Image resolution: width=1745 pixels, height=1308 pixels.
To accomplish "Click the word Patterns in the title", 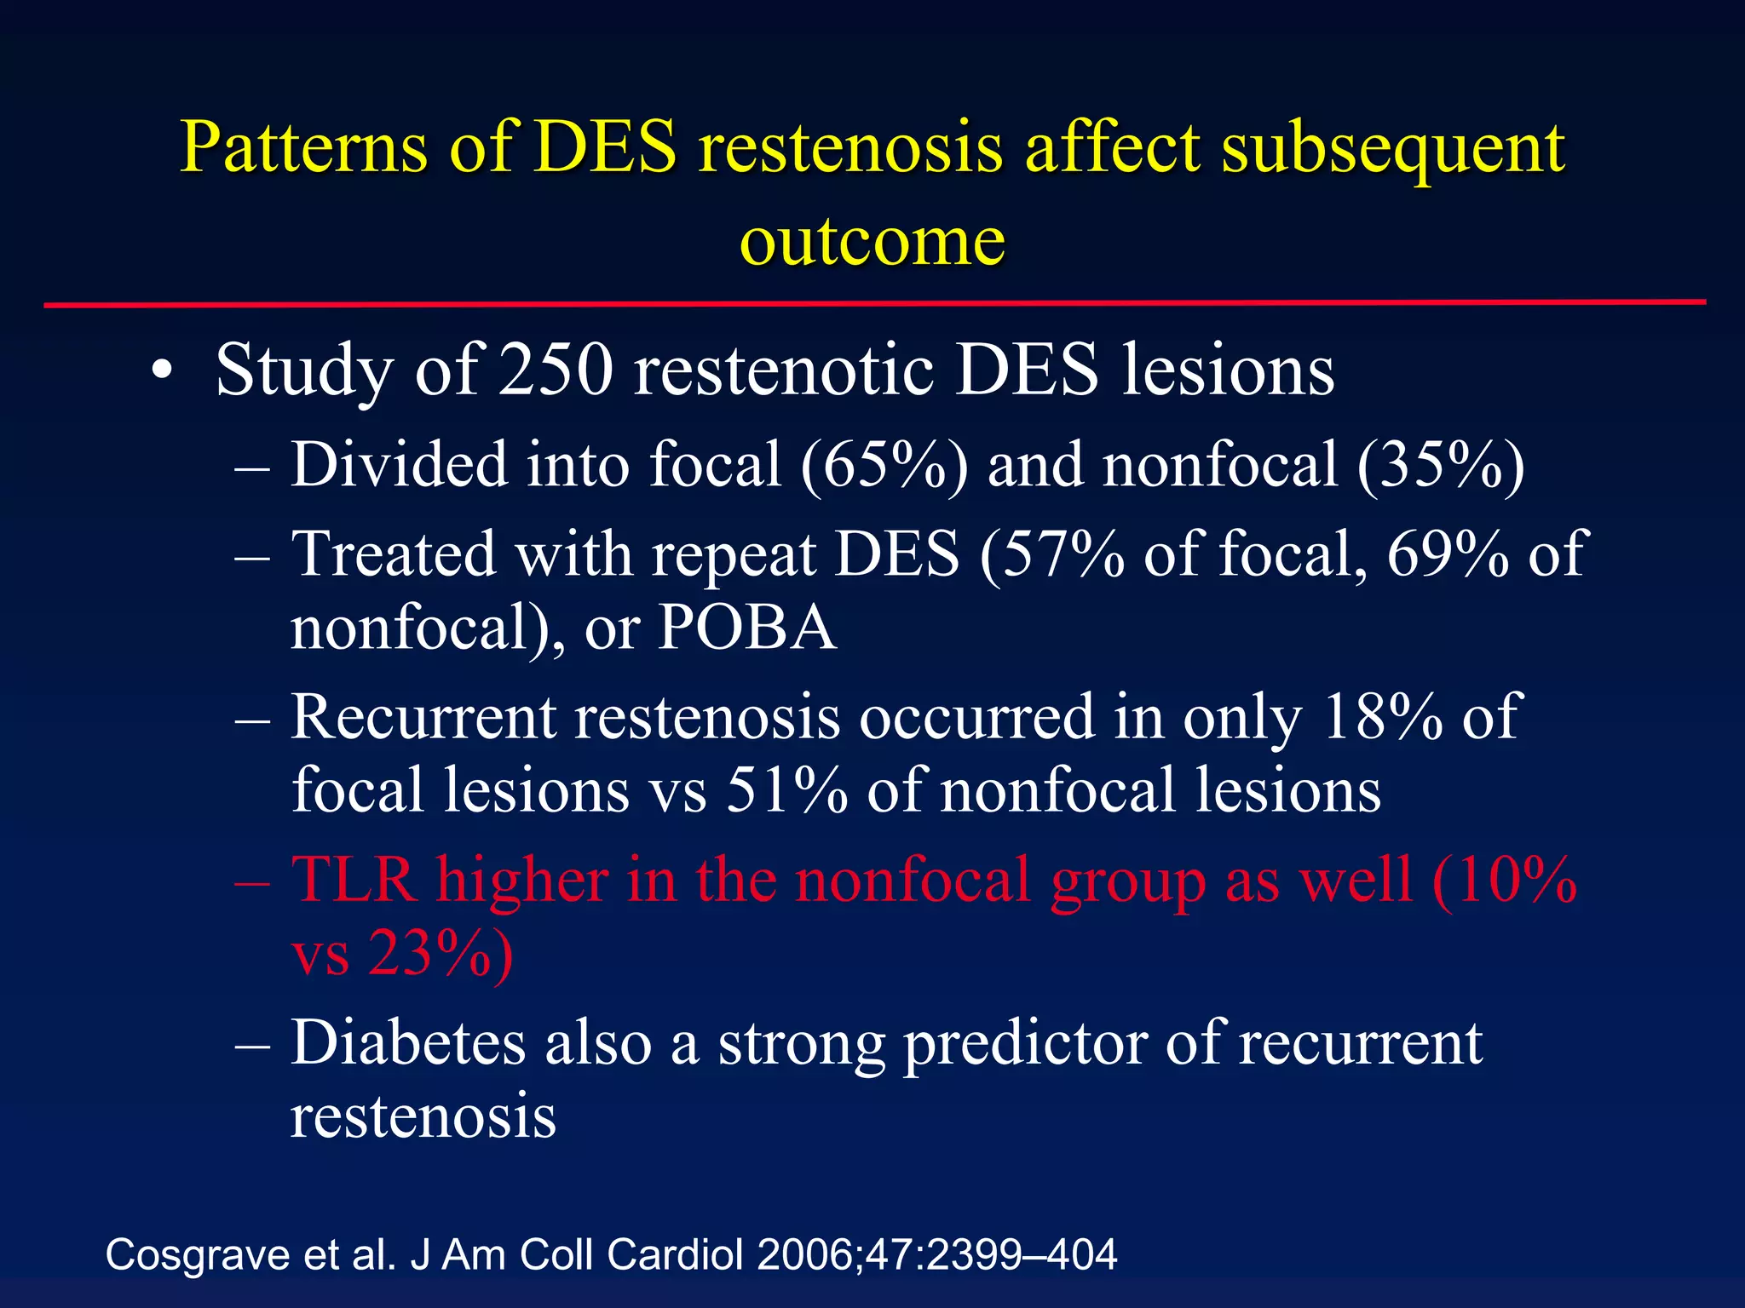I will point(302,146).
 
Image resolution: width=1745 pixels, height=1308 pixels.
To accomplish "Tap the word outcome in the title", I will point(872,240).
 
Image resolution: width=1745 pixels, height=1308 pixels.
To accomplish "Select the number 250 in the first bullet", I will point(556,370).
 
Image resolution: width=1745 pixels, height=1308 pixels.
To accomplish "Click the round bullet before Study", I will point(161,373).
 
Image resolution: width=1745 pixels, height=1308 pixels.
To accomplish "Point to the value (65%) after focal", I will point(884,466).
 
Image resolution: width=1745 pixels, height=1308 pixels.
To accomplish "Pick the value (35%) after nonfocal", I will point(1440,466).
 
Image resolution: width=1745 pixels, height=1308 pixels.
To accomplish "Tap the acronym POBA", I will point(747,628).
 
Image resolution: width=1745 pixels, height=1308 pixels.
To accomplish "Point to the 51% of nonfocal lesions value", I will point(786,790).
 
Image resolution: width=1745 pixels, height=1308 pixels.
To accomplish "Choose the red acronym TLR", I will point(354,880).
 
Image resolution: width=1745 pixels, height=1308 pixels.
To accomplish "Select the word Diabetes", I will point(408,1042).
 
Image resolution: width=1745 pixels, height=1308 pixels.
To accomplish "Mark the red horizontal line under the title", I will point(874,303).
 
